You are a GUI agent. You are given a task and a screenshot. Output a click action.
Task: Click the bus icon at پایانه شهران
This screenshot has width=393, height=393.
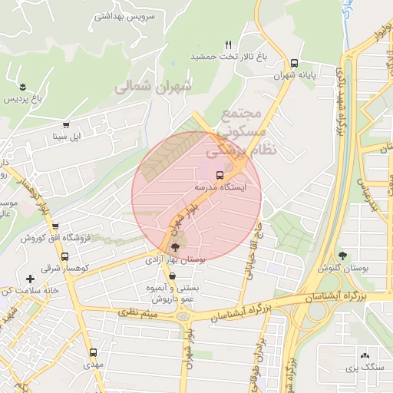(295, 64)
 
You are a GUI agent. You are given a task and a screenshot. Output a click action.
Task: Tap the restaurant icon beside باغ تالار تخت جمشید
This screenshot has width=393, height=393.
(228, 45)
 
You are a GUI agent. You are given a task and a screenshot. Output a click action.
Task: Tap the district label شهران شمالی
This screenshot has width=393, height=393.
(152, 88)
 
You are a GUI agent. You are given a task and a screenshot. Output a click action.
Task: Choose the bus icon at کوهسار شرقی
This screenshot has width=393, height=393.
(65, 257)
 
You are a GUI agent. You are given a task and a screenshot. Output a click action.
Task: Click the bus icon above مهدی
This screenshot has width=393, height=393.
(94, 352)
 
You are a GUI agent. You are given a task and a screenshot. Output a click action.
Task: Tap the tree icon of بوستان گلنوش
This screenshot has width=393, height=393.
(342, 256)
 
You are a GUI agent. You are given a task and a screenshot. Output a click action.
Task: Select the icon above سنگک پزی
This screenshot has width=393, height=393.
(363, 356)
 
